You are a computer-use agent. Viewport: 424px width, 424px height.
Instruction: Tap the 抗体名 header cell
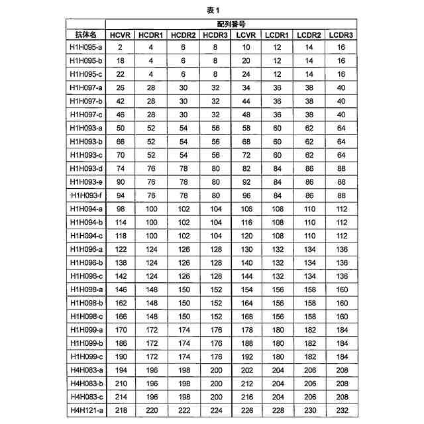click(x=86, y=34)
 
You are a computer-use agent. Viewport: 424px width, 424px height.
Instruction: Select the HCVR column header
click(x=121, y=34)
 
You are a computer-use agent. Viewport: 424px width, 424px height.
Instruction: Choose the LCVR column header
click(x=246, y=34)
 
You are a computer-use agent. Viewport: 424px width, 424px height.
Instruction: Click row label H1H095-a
click(x=86, y=47)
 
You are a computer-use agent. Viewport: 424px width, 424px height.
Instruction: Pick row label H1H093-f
click(x=86, y=195)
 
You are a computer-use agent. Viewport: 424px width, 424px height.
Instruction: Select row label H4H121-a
click(x=86, y=411)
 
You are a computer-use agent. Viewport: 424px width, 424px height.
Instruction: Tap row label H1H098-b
click(x=86, y=303)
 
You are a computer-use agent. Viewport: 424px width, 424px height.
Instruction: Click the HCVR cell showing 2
click(x=121, y=47)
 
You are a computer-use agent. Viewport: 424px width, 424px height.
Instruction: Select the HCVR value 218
click(x=121, y=411)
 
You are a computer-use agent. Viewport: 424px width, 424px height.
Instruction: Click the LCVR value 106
click(x=246, y=209)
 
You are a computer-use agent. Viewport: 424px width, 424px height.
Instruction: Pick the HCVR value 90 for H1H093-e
click(x=121, y=182)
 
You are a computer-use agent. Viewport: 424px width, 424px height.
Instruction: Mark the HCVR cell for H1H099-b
click(x=121, y=344)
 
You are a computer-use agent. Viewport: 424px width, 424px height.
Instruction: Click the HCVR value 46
click(x=121, y=115)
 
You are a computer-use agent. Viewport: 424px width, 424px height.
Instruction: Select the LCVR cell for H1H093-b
click(x=246, y=142)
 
